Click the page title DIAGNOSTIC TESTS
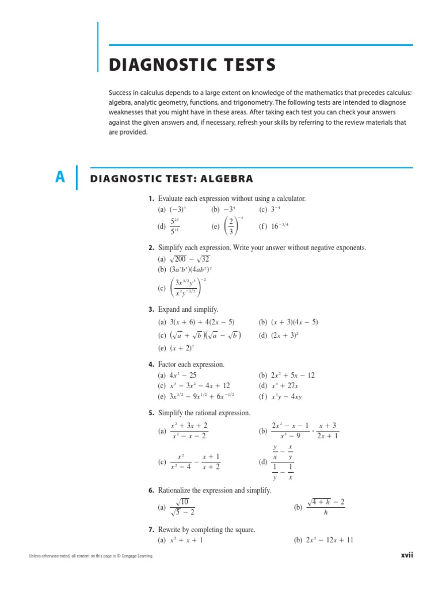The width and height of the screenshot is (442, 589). point(192,65)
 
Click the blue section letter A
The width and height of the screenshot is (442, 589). point(60,178)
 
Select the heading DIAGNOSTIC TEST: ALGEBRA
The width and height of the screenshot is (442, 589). point(172,178)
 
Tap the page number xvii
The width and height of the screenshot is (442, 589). point(407,555)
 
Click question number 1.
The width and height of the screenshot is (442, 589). point(151,198)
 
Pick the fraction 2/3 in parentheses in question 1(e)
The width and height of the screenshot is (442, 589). point(230,226)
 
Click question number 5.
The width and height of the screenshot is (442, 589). point(151,412)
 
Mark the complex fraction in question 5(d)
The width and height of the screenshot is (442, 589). point(283,462)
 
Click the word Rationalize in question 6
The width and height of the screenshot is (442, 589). point(176,490)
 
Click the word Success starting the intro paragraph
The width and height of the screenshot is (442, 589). point(120,93)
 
